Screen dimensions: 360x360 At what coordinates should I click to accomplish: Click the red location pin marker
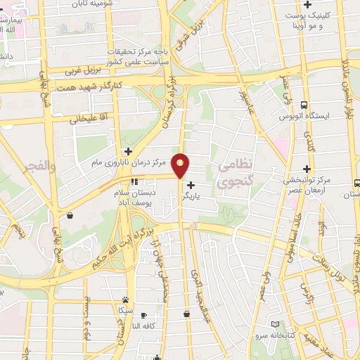pos(181,165)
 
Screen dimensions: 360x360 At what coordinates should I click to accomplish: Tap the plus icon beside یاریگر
pos(191,185)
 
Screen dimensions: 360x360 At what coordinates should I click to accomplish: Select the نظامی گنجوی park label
pos(233,174)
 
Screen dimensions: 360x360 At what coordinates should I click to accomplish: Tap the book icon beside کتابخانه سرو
pos(275,324)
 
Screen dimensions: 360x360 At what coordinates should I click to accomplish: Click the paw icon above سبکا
pos(125,300)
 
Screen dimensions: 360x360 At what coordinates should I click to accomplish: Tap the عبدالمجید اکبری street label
pos(199,281)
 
